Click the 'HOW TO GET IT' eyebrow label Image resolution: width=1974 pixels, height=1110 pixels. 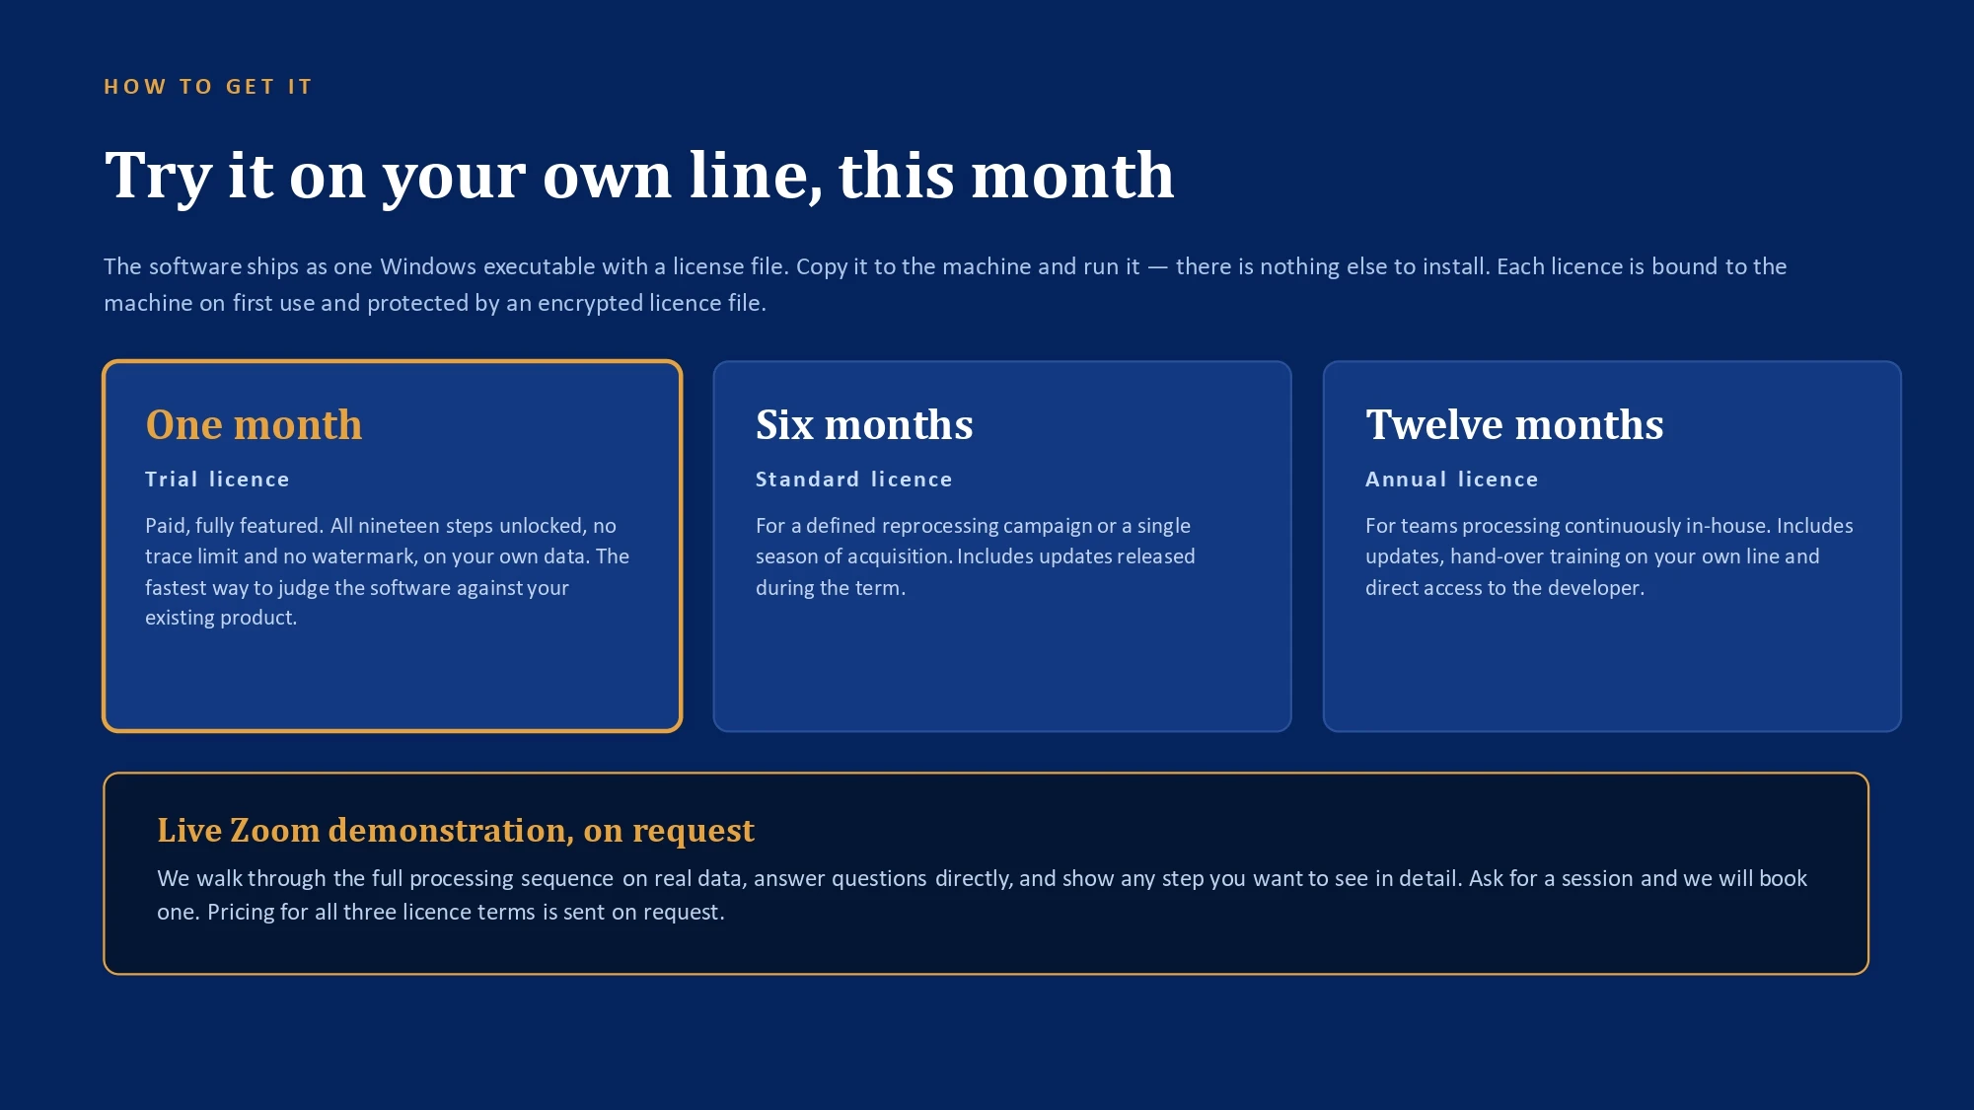(x=208, y=87)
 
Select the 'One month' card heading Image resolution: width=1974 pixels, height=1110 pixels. (x=254, y=425)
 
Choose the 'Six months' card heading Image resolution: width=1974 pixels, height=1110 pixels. (x=864, y=425)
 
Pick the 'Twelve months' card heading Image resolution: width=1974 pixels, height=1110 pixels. (x=1514, y=425)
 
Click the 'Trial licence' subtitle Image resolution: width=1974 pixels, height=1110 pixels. (x=217, y=480)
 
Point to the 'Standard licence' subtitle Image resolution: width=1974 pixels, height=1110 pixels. (x=853, y=480)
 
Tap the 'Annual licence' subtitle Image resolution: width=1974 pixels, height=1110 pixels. (x=1451, y=480)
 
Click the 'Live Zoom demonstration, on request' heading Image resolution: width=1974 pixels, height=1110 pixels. (x=456, y=831)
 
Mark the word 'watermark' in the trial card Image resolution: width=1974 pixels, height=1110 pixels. (x=364, y=556)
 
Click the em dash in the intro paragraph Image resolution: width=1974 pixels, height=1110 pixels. (x=1157, y=267)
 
